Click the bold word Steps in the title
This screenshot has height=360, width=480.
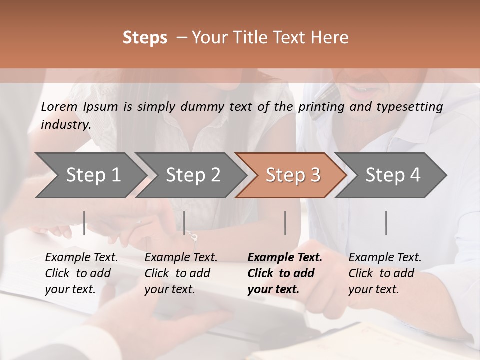pos(145,38)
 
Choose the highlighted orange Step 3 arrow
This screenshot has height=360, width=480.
pos(293,175)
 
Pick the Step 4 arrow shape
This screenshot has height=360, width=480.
pos(393,175)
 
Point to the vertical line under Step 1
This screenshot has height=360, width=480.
pos(84,223)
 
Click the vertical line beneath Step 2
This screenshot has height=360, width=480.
pos(184,223)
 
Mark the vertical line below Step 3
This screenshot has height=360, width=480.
pos(285,223)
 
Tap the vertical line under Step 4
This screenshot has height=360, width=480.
pos(386,223)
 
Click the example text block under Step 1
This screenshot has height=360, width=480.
pos(81,273)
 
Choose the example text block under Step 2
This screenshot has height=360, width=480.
pos(180,273)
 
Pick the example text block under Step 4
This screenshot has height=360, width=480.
pos(384,273)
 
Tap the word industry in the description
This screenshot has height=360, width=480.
pos(65,125)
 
